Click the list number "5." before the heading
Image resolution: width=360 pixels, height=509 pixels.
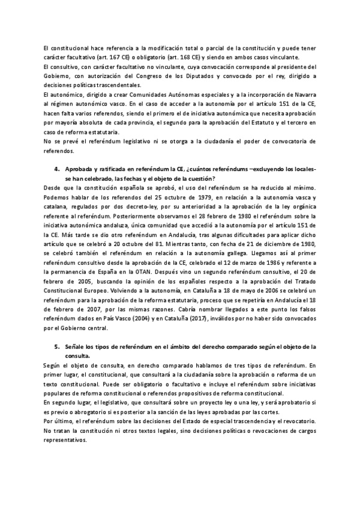pyautogui.click(x=58, y=347)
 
